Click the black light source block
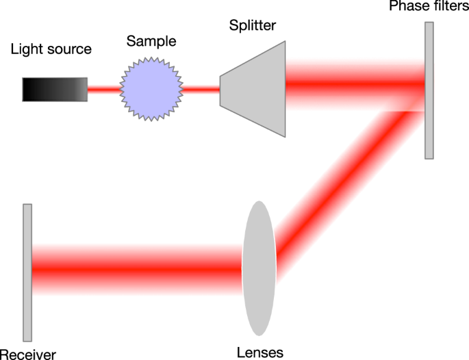[54, 89]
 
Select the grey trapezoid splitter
[253, 88]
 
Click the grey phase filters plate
[429, 90]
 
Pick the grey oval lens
[259, 268]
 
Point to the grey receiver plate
[27, 272]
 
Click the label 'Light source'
[51, 49]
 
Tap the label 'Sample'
[151, 41]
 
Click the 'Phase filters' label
[428, 7]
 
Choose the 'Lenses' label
[259, 352]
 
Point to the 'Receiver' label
[28, 354]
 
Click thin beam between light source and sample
[103, 89]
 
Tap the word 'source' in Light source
[69, 49]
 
